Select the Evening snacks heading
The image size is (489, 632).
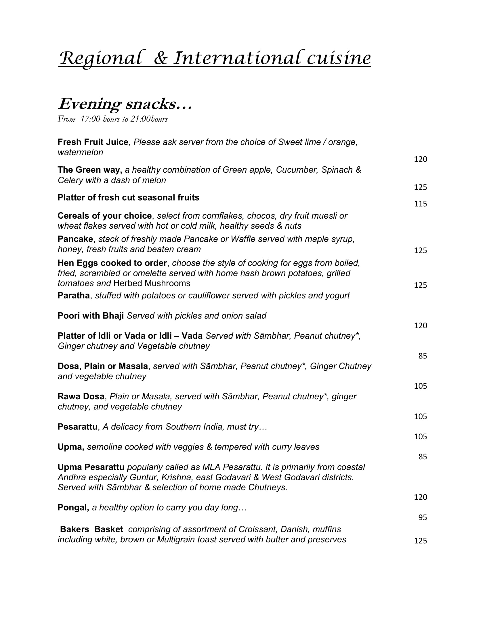coord(125,104)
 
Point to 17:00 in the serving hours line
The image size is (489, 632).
coord(90,119)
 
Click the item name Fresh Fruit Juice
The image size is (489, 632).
coord(93,142)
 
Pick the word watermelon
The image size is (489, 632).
coord(80,152)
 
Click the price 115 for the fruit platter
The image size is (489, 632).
coord(420,204)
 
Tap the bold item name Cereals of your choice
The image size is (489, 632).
coord(105,215)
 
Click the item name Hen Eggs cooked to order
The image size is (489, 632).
coord(112,263)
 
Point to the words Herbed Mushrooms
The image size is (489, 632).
coord(152,283)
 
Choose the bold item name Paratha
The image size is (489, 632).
coord(74,295)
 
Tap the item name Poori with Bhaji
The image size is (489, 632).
coord(91,315)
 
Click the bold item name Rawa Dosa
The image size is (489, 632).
coord(81,396)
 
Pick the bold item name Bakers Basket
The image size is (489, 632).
coord(91,529)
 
